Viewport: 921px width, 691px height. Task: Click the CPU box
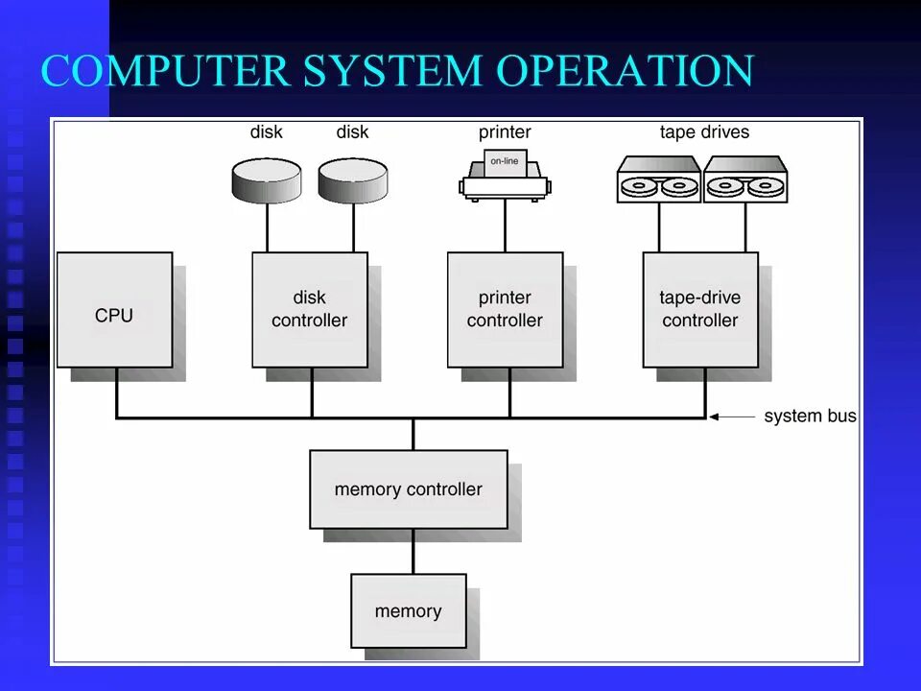tap(115, 310)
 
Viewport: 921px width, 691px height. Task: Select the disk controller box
tap(310, 310)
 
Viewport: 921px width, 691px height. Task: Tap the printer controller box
tap(505, 310)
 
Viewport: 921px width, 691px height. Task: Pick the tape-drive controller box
tap(700, 310)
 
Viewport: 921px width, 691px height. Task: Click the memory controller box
tap(409, 489)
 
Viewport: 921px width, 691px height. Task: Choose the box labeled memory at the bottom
tap(409, 611)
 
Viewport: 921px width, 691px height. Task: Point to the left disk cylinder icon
tap(267, 179)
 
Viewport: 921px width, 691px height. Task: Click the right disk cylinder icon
tap(353, 179)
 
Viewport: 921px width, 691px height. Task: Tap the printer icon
tap(505, 175)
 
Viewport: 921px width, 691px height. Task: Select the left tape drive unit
tap(659, 179)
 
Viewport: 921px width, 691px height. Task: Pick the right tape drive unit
tap(745, 179)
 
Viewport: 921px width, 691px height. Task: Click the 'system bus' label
tap(810, 417)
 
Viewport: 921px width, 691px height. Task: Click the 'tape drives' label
tap(704, 132)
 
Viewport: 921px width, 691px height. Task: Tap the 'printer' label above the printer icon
tap(505, 132)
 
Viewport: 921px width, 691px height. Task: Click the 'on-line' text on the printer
tap(505, 161)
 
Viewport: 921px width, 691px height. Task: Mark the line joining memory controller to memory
tap(413, 551)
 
